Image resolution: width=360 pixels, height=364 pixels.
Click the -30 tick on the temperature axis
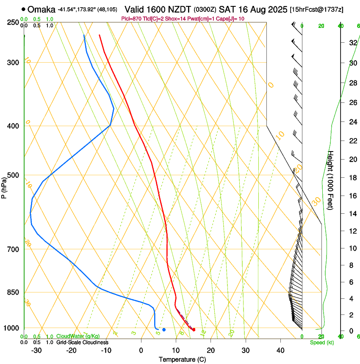pyautogui.click(x=36, y=350)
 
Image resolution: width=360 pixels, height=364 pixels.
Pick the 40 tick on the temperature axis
pyautogui.click(x=280, y=350)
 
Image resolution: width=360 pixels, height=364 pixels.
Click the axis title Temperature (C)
pyautogui.click(x=182, y=359)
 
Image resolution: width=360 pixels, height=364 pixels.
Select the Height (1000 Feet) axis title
pyautogui.click(x=331, y=180)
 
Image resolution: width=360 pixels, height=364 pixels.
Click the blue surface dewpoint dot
pyautogui.click(x=164, y=330)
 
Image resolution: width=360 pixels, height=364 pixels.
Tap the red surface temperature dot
pyautogui.click(x=194, y=330)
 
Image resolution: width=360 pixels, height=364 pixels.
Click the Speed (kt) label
pyautogui.click(x=322, y=342)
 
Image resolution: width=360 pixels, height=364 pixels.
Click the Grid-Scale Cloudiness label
pyautogui.click(x=82, y=342)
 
